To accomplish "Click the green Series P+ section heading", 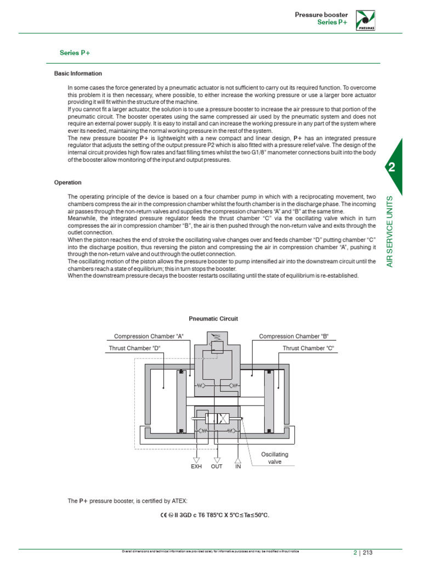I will [75, 53].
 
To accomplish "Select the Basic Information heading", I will [78, 74].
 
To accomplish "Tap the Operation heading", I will [67, 182].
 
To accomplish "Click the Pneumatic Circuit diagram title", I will [213, 318].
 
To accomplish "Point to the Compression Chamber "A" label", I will [149, 336].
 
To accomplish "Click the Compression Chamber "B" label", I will [293, 336].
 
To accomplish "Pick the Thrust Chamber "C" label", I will [308, 348].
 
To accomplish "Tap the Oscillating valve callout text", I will [274, 458].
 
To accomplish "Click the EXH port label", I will [196, 467].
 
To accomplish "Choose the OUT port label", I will [217, 467].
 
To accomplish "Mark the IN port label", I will [238, 467].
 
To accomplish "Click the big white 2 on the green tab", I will [391, 168].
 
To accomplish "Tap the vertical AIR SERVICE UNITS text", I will [391, 231].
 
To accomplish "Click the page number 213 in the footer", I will [368, 553].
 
